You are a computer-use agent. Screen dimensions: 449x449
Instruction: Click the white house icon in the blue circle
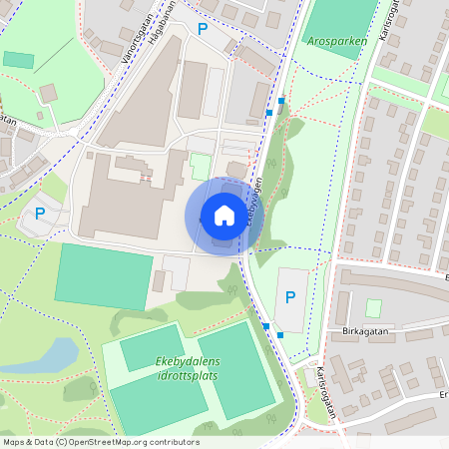point(224,216)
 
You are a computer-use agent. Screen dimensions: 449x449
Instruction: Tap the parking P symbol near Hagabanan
point(203,30)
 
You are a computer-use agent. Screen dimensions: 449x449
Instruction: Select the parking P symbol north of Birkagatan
point(290,297)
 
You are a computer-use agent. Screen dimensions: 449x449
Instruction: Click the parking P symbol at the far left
point(41,213)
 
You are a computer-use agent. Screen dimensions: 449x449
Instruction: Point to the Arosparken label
point(331,43)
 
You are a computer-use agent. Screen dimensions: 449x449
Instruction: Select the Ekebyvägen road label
point(255,200)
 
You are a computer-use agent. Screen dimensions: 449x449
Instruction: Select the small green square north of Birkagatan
point(373,308)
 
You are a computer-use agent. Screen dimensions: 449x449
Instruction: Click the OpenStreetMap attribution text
point(101,442)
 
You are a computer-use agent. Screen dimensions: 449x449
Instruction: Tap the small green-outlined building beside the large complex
point(201,166)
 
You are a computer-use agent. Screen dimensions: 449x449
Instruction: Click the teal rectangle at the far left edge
point(18,60)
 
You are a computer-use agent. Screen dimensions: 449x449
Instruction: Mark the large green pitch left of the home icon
point(104,275)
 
